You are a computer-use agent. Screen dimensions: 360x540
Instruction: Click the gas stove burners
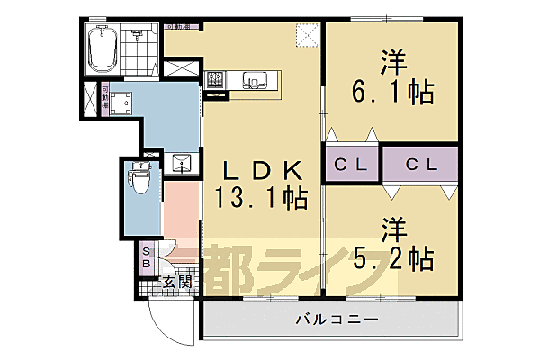(217, 81)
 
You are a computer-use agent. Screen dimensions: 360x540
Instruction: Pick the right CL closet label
(419, 165)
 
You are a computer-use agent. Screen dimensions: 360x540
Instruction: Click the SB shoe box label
(147, 259)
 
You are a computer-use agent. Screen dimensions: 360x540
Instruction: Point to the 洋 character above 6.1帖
(392, 63)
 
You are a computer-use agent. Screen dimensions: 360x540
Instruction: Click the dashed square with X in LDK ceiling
(308, 35)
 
